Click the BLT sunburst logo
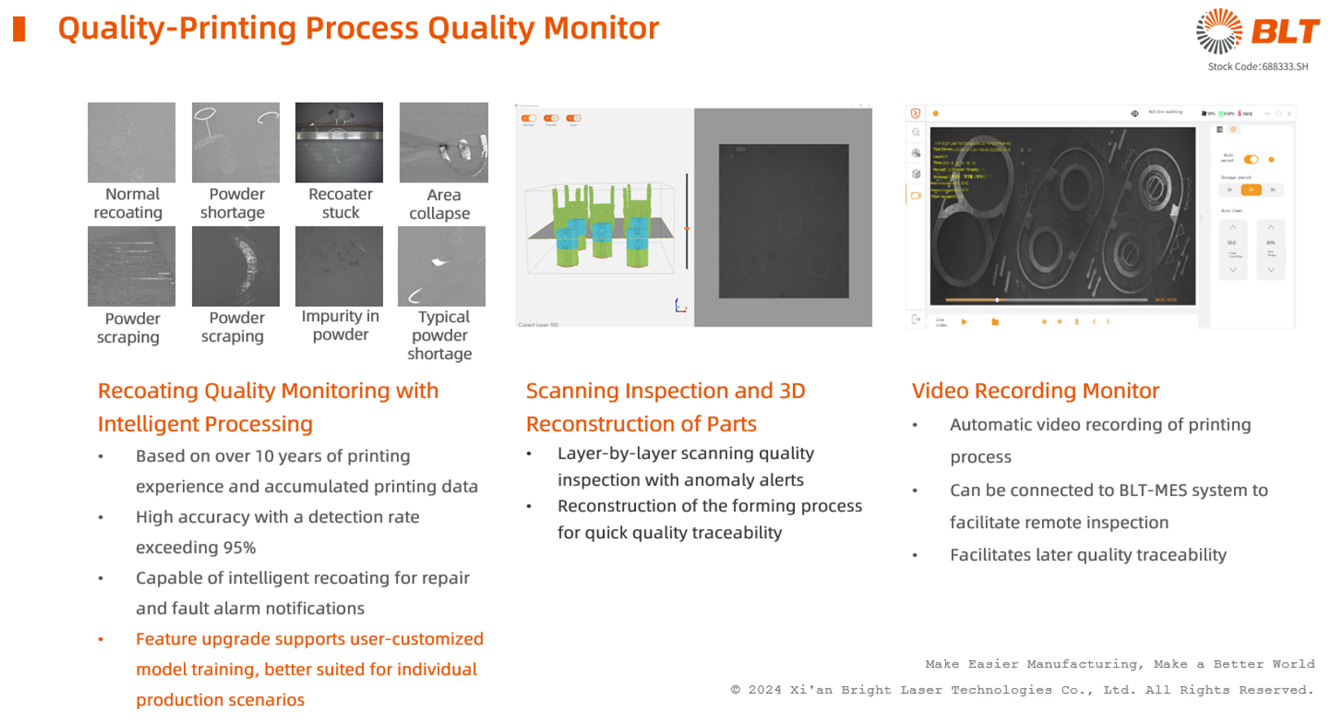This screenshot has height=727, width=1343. tap(1219, 32)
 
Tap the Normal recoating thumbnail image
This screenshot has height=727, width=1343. tap(132, 142)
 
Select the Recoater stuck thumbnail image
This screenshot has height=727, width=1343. tap(339, 142)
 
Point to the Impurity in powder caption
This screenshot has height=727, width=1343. tap(340, 326)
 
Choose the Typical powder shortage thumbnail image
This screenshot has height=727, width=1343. tap(442, 266)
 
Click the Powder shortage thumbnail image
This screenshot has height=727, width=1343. tap(236, 142)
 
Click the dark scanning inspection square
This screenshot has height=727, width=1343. tap(783, 221)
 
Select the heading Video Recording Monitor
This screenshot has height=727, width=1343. tap(1035, 391)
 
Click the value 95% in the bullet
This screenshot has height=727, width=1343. tap(239, 548)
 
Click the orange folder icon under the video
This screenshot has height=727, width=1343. tap(995, 322)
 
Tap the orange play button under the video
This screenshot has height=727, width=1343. tap(964, 322)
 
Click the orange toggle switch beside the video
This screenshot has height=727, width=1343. tap(1251, 160)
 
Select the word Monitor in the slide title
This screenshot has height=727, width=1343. tap(601, 28)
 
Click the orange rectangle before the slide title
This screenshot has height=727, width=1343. tap(20, 29)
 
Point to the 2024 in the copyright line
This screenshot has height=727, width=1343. tap(765, 690)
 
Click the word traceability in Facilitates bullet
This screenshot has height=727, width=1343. tap(1181, 555)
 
